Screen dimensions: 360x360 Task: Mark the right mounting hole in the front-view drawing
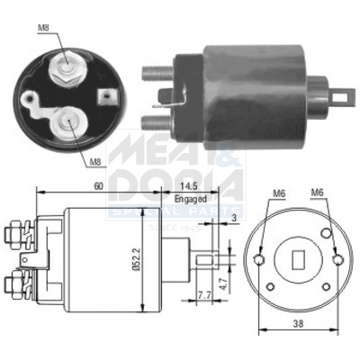[338, 261]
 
